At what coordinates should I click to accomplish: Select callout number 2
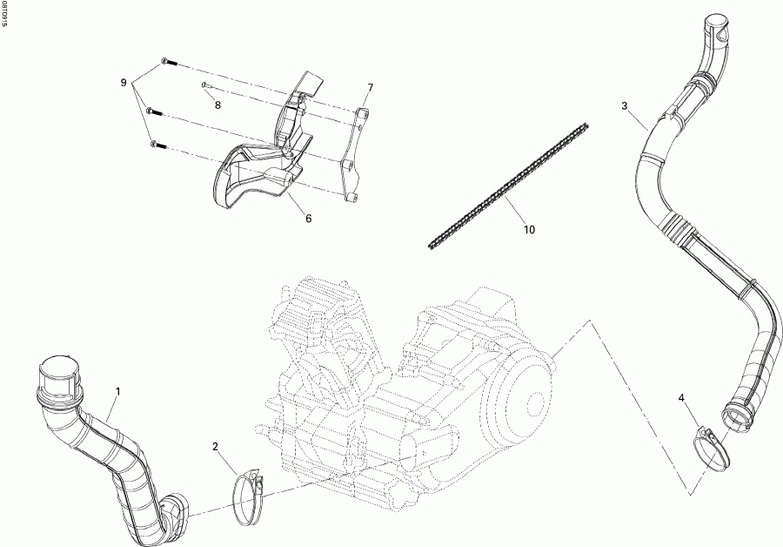coord(215,447)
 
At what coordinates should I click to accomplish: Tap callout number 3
coord(625,106)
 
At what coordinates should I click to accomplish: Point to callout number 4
coord(682,398)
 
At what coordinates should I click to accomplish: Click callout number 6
coord(308,219)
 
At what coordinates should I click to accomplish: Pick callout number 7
coord(370,88)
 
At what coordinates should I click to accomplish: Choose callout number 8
coord(217,105)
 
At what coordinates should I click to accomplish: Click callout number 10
coord(529,230)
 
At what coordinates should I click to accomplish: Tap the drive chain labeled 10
coord(507,186)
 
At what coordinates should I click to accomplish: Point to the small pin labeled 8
coord(203,85)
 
